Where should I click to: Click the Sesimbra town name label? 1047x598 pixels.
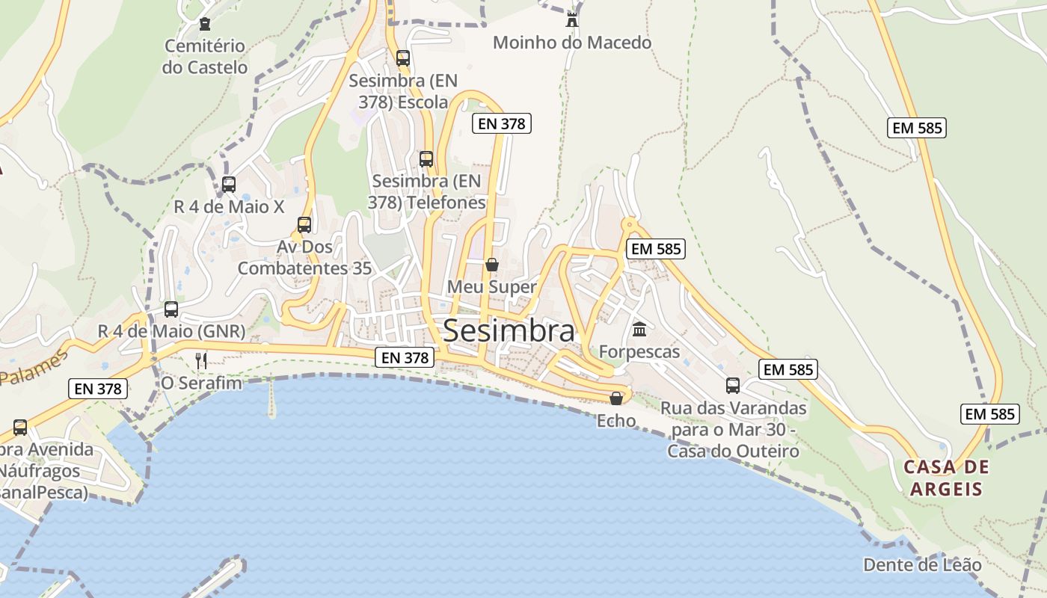[509, 330]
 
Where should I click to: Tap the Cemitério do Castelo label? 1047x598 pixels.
[205, 57]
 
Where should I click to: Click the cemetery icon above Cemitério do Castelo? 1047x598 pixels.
[205, 25]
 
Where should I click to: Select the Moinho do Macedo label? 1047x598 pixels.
[572, 43]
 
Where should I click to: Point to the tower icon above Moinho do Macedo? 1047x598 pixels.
[572, 19]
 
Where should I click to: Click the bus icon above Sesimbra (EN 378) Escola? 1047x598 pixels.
[403, 58]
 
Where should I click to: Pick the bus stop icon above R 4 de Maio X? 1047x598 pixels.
[229, 184]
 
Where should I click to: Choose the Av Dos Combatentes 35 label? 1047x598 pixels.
[304, 258]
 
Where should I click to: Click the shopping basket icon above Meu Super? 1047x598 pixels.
[492, 265]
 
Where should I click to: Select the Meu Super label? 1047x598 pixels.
[492, 287]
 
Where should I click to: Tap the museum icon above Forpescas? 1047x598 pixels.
[639, 329]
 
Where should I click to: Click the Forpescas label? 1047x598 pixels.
[639, 351]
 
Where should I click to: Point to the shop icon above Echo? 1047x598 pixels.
[616, 398]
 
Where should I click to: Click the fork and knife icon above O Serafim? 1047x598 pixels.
[201, 361]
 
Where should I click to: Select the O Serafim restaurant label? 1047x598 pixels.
[202, 383]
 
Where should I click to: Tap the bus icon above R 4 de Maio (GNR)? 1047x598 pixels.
[171, 309]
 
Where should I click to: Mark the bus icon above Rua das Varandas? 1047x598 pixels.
[733, 386]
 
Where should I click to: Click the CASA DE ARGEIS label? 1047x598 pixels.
[946, 478]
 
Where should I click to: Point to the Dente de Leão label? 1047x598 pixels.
[922, 564]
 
